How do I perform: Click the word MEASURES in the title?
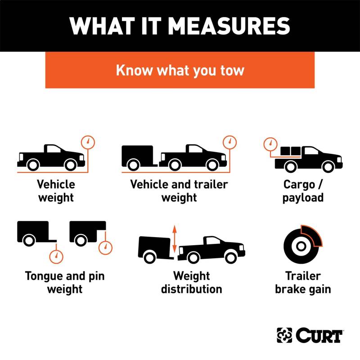(x=229, y=26)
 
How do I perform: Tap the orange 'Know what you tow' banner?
(x=180, y=70)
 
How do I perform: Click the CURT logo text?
(x=319, y=335)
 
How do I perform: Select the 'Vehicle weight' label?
(x=56, y=191)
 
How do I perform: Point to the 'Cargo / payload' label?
(x=303, y=191)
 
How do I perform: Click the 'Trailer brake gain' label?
(x=303, y=283)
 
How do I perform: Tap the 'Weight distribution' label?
(x=192, y=283)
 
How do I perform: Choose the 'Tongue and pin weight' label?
(x=65, y=283)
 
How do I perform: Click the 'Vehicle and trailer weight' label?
(x=179, y=191)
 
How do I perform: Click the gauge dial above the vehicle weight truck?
(x=88, y=142)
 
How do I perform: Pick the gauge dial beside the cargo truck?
(x=270, y=144)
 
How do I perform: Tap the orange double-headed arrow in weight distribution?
(x=175, y=239)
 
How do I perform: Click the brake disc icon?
(x=301, y=246)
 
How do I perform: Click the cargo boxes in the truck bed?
(x=290, y=151)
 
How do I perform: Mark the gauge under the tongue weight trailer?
(x=56, y=256)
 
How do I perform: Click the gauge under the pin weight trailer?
(x=105, y=248)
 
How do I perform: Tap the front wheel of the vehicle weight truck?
(x=71, y=165)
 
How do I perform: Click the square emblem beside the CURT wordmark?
(x=284, y=335)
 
